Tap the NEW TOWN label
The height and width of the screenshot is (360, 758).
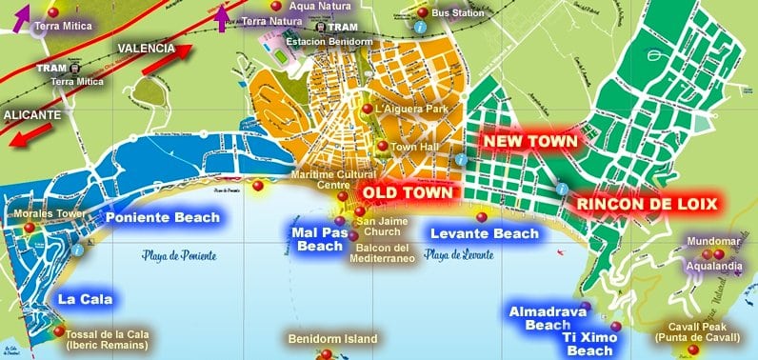(x=530, y=141)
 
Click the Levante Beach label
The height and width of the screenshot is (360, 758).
(x=483, y=233)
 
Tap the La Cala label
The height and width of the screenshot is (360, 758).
(x=85, y=299)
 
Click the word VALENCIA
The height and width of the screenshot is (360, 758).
(x=145, y=48)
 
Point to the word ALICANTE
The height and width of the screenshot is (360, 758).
(x=31, y=114)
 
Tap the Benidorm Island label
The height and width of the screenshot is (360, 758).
(x=333, y=339)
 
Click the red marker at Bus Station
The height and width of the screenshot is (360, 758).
(x=422, y=12)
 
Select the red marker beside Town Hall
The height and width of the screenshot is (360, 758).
(x=382, y=147)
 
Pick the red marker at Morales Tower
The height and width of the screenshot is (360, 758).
(x=30, y=227)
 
